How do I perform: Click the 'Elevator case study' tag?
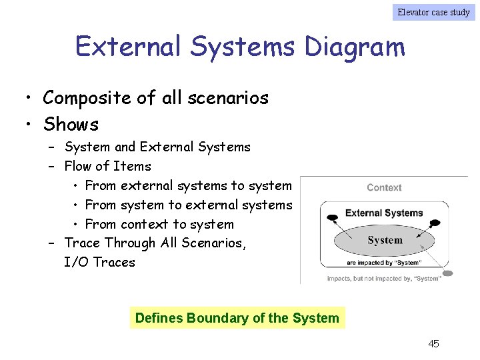pos(433,12)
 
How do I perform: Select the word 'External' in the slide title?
pos(128,47)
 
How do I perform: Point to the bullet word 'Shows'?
pos(71,125)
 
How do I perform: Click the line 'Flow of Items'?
pos(107,166)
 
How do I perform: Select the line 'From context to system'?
pos(159,224)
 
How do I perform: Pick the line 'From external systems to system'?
pos(188,185)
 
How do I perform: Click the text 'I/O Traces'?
pos(99,262)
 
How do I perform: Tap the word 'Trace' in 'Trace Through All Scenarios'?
pos(83,243)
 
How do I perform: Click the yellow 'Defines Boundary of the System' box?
pos(237,318)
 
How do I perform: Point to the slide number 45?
pos(433,344)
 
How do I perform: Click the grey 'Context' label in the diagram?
pos(384,188)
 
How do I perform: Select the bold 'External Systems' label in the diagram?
pos(384,213)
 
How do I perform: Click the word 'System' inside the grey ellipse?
pos(385,240)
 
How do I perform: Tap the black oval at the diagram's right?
pos(435,223)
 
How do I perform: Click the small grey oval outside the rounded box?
pos(447,273)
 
